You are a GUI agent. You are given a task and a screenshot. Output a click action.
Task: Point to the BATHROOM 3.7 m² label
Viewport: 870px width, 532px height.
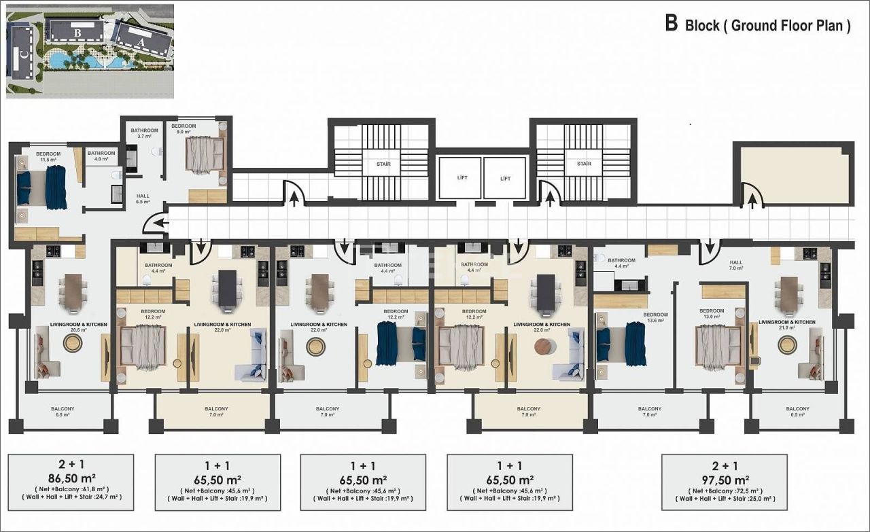coord(144,133)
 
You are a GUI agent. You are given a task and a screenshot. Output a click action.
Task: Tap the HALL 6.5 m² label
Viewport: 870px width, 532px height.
coord(142,198)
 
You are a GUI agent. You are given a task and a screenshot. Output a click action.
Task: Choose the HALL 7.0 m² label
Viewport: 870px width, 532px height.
coord(736,265)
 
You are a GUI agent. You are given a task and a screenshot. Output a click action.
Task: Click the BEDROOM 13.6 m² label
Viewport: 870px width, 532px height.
coord(656,318)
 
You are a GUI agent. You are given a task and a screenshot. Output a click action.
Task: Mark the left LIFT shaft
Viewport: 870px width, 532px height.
coord(459,178)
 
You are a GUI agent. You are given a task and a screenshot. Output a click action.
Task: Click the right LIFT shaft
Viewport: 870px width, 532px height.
coord(505,178)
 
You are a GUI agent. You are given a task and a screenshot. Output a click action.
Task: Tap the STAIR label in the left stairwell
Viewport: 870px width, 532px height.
coord(383,164)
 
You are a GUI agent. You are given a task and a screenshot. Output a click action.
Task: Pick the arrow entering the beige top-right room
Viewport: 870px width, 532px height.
coord(752,198)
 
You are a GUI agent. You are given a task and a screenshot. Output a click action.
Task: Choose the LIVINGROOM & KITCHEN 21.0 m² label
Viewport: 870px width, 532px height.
coord(786,325)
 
